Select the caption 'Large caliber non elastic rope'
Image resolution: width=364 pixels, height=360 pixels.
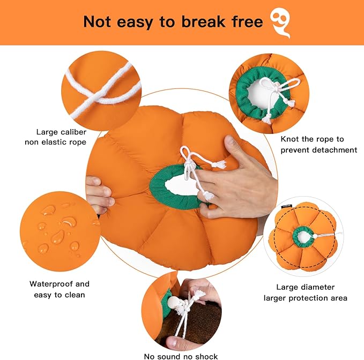coord(61,137)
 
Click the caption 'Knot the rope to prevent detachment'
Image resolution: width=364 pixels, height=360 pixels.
coord(318,144)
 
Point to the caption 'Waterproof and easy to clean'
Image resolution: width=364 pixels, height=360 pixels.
coord(60,289)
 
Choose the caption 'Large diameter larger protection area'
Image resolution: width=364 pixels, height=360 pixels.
coord(306,292)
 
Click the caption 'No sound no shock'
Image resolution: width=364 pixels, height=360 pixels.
coord(181,356)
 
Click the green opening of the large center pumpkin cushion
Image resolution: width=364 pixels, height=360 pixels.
coord(177,185)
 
